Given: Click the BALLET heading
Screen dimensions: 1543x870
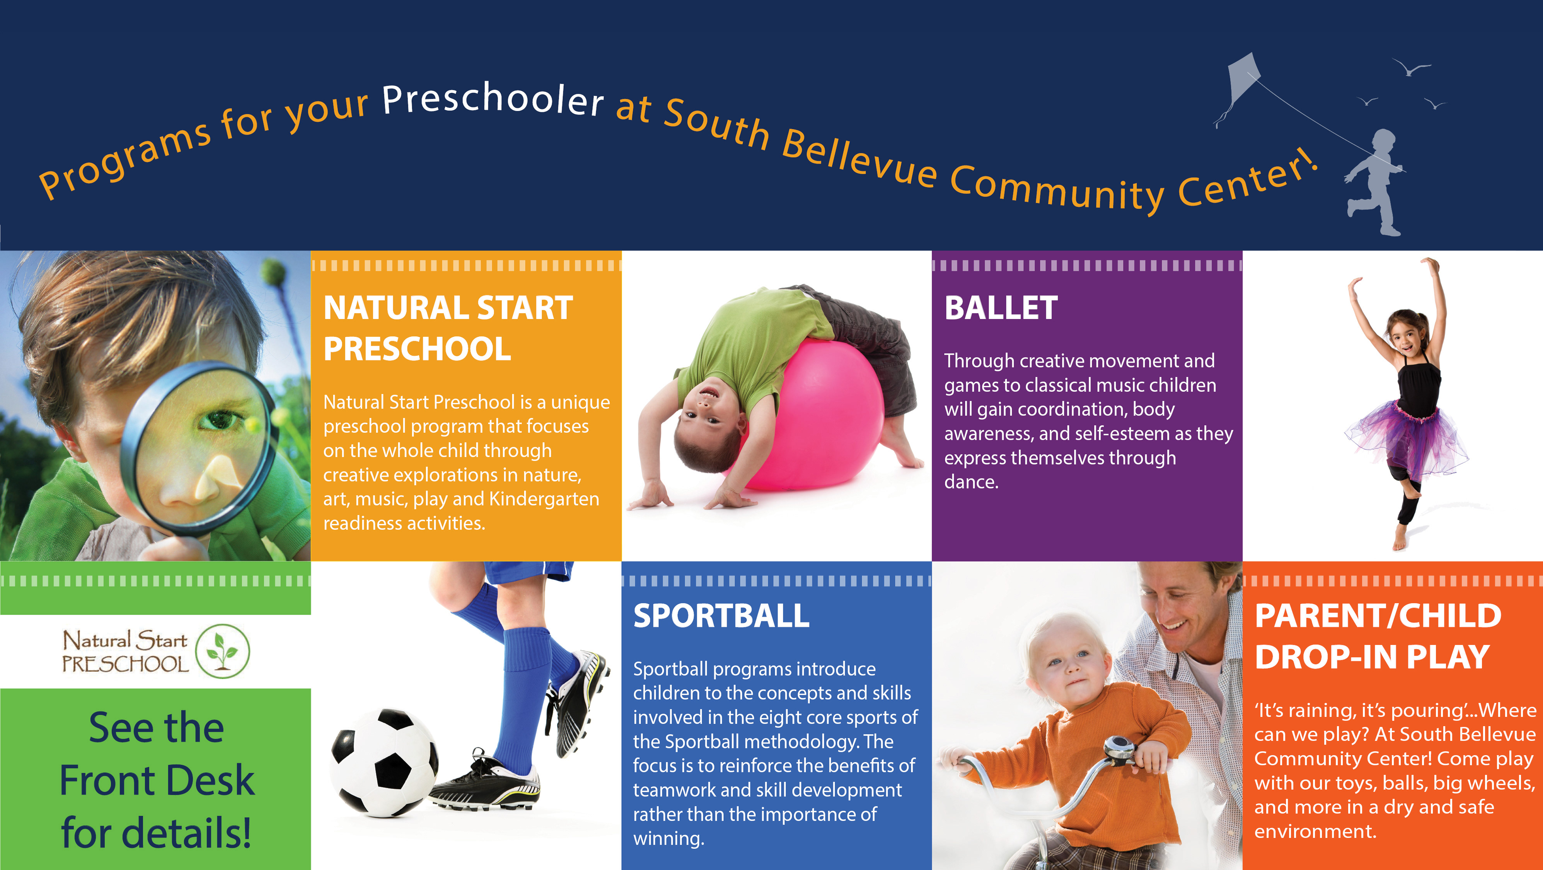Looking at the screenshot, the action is pos(1001,308).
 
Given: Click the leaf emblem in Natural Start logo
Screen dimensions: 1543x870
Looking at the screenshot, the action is pos(223,651).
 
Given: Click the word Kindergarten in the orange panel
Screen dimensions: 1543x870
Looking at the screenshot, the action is pos(544,499).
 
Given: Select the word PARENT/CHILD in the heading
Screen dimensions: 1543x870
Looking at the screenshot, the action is pos(1378,616).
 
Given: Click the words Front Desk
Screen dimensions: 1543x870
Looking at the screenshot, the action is pos(157,781).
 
